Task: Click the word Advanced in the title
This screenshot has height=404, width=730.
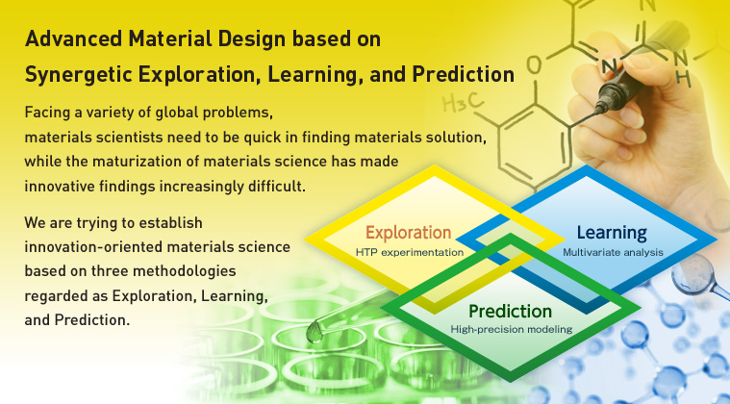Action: click(x=73, y=38)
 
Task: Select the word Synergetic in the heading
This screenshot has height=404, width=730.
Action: click(x=78, y=74)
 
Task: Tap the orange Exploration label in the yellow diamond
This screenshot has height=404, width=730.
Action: click(x=409, y=233)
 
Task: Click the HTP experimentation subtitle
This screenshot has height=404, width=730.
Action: click(x=410, y=253)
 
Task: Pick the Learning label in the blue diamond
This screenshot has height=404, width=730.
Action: click(x=612, y=233)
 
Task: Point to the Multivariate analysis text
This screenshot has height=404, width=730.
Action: click(x=614, y=253)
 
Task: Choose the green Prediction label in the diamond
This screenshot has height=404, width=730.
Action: click(x=511, y=311)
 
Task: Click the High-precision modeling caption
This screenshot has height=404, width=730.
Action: click(x=511, y=330)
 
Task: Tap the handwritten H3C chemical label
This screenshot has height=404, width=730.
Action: click(x=463, y=103)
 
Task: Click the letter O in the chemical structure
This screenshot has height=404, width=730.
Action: click(x=535, y=64)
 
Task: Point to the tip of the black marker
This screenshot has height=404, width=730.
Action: click(x=597, y=111)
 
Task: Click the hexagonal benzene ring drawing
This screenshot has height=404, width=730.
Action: click(x=534, y=145)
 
